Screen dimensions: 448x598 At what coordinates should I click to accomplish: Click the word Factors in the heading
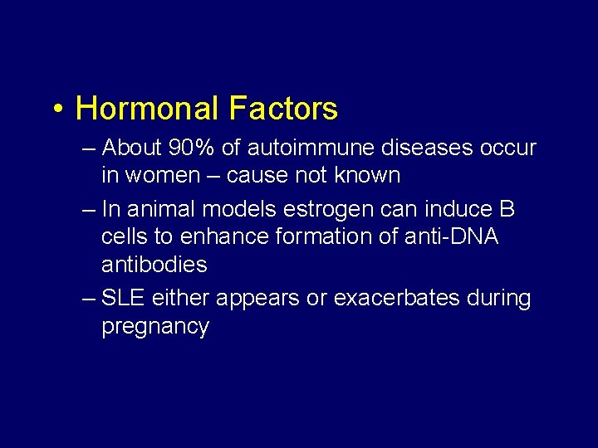point(283,109)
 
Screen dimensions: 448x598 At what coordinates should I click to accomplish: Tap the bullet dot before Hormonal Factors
point(55,110)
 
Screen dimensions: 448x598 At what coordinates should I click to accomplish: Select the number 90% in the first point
point(193,149)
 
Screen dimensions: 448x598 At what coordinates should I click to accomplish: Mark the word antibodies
point(154,265)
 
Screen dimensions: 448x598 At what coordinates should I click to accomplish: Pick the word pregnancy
point(154,327)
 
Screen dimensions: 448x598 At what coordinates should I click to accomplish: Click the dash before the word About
point(90,149)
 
